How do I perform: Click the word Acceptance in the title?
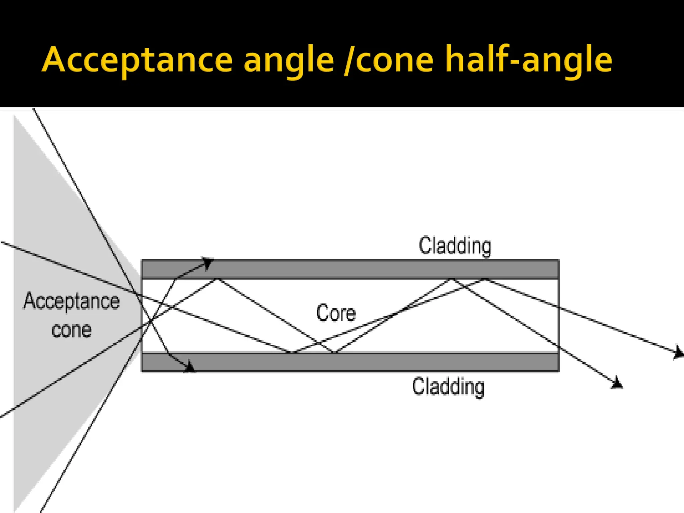point(137,60)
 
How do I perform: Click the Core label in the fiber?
point(336,313)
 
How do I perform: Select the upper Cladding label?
point(455,246)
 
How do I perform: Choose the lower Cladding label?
point(448,387)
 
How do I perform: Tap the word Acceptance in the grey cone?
point(71,301)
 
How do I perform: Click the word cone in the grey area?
point(71,330)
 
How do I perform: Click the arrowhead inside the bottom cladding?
point(190,366)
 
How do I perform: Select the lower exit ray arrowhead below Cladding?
point(617,383)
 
